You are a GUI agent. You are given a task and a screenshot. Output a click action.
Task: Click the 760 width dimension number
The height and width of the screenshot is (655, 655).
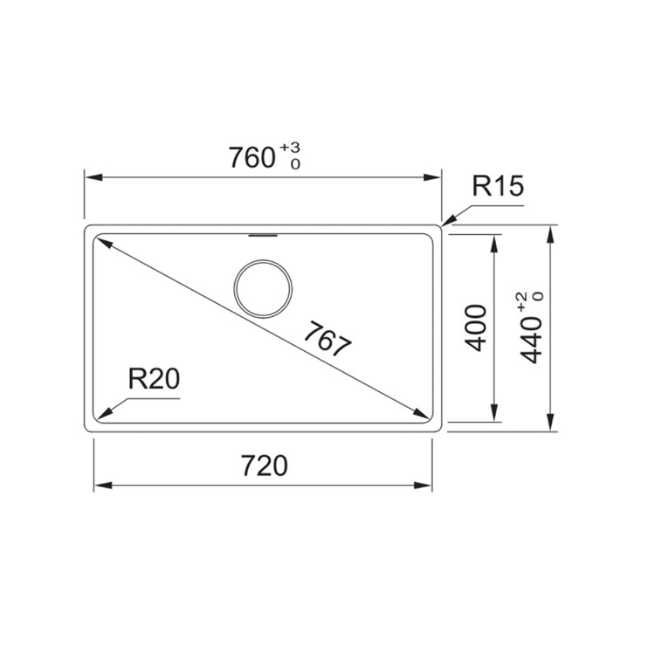coord(252,157)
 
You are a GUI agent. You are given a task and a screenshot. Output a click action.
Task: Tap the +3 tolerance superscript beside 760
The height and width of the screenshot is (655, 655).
coord(290,148)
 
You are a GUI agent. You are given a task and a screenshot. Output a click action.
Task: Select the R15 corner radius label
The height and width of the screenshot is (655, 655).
coord(498,186)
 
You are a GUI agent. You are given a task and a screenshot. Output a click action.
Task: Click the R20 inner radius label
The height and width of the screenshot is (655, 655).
coord(154,379)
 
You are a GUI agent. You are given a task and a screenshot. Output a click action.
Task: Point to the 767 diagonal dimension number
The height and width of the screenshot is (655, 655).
coord(327,339)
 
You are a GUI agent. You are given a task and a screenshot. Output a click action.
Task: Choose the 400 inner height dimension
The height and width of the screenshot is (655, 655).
coord(476,327)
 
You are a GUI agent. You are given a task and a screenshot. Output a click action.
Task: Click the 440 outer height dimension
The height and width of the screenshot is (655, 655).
coord(530,340)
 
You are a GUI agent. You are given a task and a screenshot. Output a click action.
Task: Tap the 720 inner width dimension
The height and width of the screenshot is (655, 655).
coord(265,465)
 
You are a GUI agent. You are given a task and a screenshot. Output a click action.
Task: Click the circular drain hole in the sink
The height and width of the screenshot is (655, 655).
coord(263,289)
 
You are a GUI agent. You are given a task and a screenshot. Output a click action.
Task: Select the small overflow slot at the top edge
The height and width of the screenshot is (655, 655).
coord(263,236)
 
